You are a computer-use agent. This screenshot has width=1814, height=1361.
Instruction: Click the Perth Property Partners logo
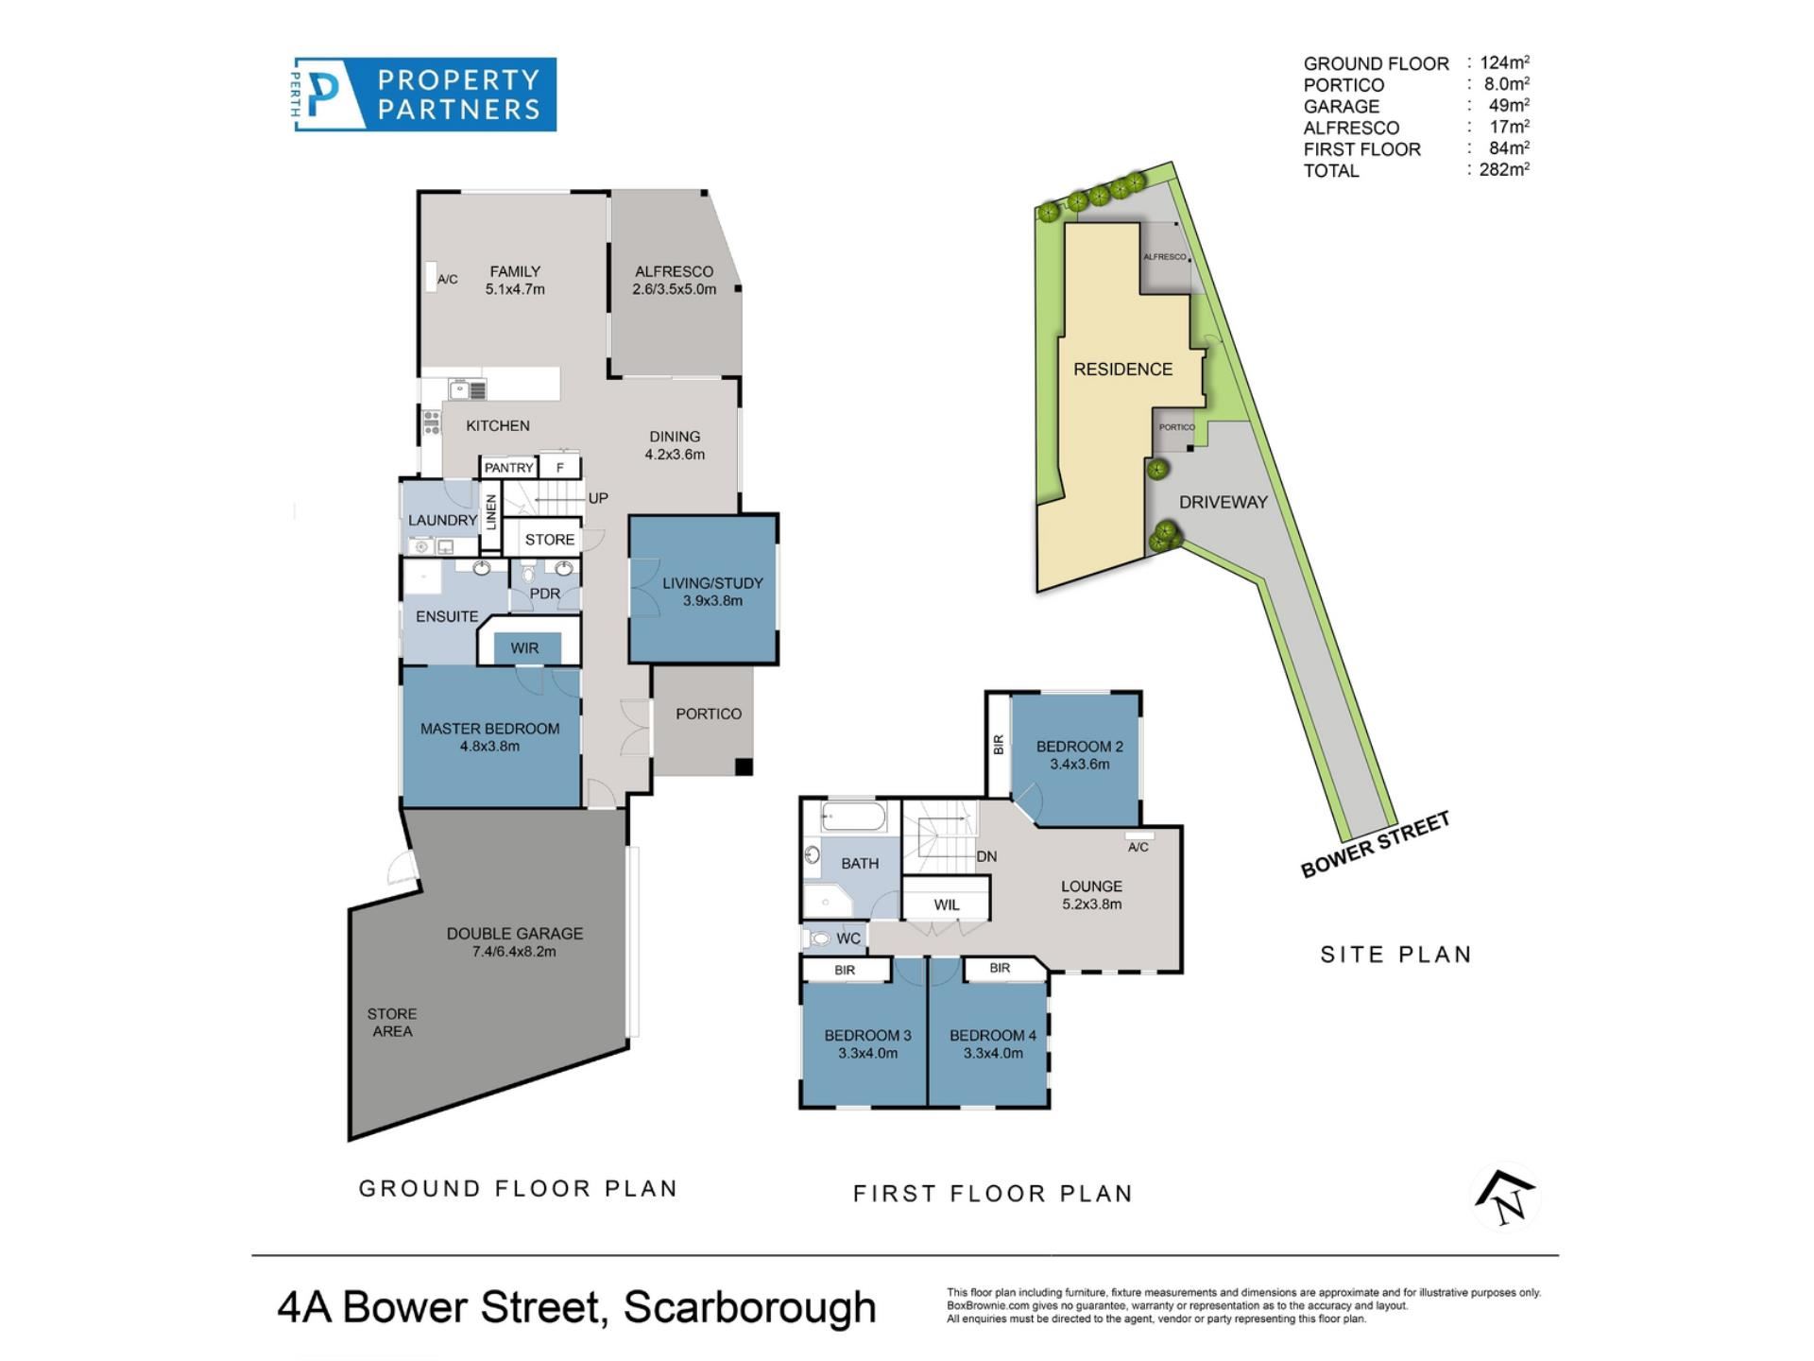pyautogui.click(x=424, y=95)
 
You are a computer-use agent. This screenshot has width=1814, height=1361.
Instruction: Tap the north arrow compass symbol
pyautogui.click(x=1506, y=1197)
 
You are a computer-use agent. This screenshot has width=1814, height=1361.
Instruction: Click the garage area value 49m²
pyautogui.click(x=1509, y=106)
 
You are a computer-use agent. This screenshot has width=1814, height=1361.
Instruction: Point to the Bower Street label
pyautogui.click(x=1375, y=845)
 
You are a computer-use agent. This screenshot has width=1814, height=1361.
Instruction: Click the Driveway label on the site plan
pyautogui.click(x=1223, y=502)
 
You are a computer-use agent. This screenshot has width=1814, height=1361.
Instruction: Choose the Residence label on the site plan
pyautogui.click(x=1122, y=369)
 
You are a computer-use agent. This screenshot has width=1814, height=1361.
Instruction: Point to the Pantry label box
pyautogui.click(x=508, y=468)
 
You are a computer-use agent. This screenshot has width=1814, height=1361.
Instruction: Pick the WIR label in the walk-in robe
pyautogui.click(x=524, y=648)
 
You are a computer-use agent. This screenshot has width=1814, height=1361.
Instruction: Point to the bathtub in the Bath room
pyautogui.click(x=853, y=817)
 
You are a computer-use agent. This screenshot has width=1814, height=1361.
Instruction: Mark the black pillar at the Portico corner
pyautogui.click(x=744, y=767)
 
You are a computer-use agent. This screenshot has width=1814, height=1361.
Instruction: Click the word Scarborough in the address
pyautogui.click(x=750, y=1308)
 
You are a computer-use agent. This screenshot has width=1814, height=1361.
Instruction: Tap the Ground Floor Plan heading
pyautogui.click(x=518, y=1188)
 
